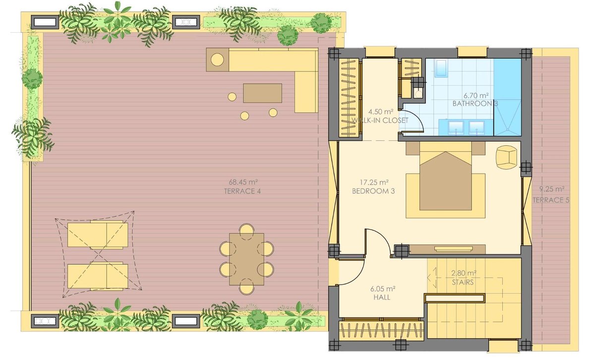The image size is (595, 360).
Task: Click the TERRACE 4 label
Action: [x=242, y=191]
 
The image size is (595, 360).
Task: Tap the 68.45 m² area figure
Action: [x=243, y=182]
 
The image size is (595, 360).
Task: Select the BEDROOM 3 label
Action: [x=373, y=191]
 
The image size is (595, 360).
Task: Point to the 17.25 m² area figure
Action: [x=374, y=182]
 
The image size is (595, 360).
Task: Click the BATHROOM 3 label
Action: [x=475, y=103]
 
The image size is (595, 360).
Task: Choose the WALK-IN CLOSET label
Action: [x=380, y=120]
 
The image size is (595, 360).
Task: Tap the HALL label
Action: [x=382, y=298]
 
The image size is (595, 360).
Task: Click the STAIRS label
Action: [x=463, y=282]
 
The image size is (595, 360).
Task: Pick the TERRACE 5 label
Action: [x=551, y=200]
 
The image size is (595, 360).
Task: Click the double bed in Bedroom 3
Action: [x=445, y=180]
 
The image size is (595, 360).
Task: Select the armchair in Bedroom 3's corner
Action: [x=507, y=157]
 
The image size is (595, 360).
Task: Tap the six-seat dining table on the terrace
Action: [x=246, y=259]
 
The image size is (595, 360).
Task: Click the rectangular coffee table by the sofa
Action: [x=262, y=93]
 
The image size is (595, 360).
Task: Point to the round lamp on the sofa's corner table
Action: [x=217, y=60]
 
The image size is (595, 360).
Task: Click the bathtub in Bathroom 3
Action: [x=441, y=68]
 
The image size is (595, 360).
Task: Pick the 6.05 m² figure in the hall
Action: [x=382, y=289]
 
